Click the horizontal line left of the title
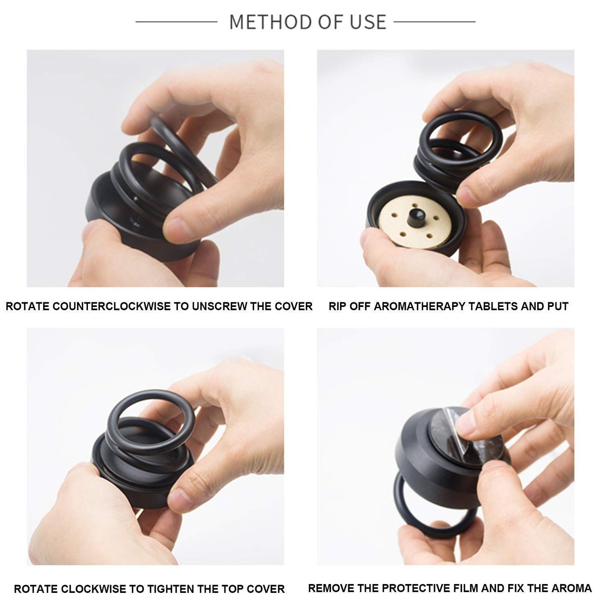(x=176, y=21)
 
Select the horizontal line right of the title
(x=434, y=21)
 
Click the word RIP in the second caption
(x=337, y=306)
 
